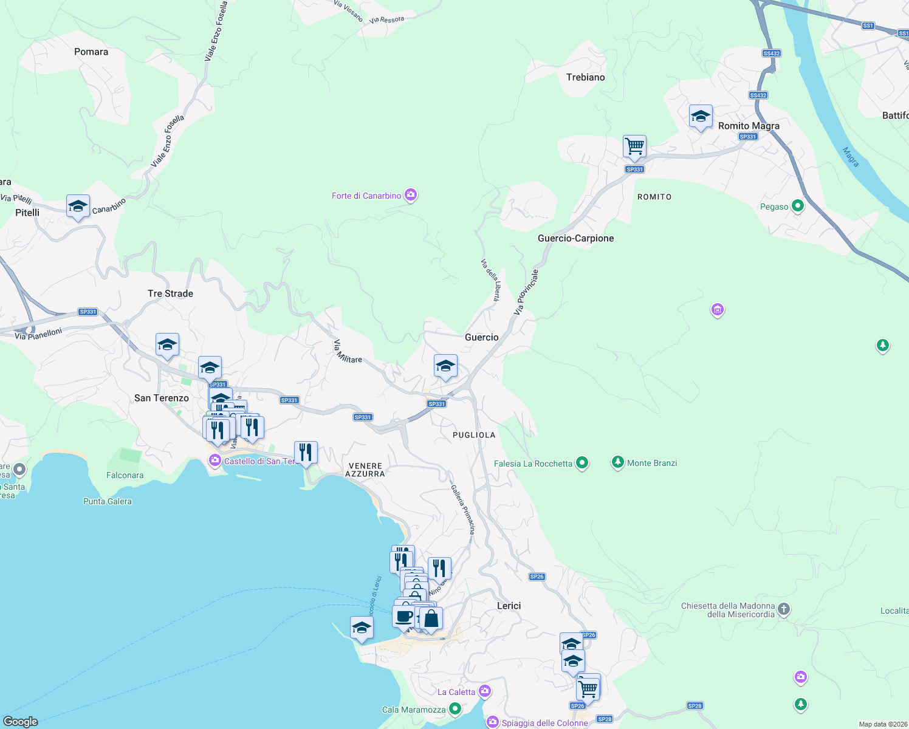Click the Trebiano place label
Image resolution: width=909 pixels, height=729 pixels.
585,77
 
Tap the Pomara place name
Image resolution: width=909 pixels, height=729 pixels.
91,52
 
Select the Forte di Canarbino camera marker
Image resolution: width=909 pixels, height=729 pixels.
411,195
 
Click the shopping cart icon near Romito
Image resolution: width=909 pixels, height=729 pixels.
634,146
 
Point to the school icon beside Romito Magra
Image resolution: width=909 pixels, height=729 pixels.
701,117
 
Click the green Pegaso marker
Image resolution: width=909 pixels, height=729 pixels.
798,207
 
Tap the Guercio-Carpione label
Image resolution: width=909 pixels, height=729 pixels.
575,238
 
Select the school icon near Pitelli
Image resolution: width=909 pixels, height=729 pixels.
78,207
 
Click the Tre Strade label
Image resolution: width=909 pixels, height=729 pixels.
170,293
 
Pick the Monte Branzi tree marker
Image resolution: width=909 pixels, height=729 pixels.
618,463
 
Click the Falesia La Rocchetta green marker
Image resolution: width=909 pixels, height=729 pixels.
582,464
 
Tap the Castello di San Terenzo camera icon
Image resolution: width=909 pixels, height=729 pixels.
214,461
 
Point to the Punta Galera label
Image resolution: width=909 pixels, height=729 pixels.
108,501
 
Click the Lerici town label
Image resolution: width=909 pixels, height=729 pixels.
509,606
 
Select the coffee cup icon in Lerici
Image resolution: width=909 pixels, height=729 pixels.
403,616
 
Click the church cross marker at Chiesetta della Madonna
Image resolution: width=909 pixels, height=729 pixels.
784,609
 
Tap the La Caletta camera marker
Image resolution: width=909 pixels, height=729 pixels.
484,691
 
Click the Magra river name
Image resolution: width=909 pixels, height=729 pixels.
851,157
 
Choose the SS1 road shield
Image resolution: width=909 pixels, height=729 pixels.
868,26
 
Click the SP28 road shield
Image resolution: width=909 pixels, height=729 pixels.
695,705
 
